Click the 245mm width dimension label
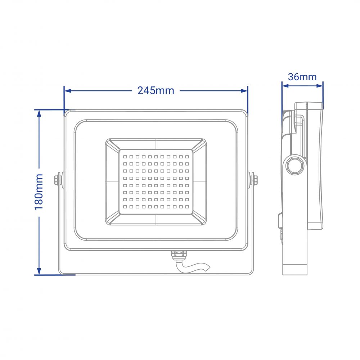(x=156, y=91)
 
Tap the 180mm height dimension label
(x=39, y=192)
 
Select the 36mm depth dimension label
(x=302, y=77)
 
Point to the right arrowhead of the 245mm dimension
(x=244, y=91)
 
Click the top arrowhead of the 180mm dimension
(x=39, y=113)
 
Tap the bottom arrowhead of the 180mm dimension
(x=39, y=271)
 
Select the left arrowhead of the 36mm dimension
(x=285, y=86)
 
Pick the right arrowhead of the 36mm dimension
(x=320, y=86)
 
